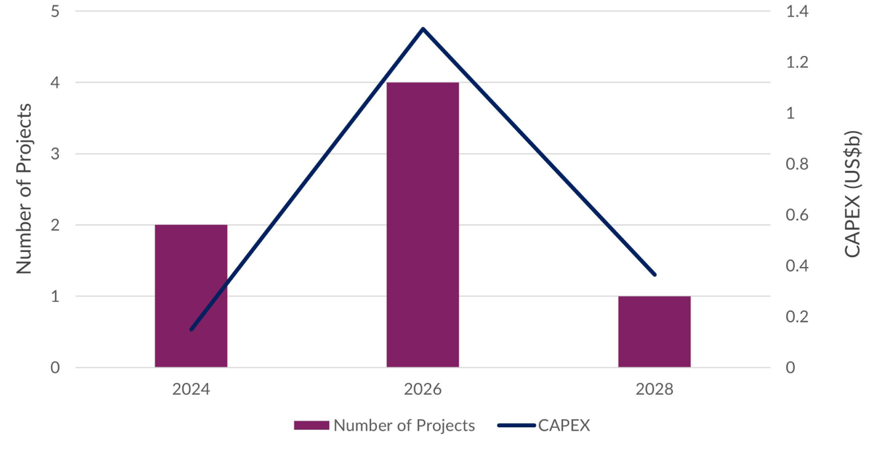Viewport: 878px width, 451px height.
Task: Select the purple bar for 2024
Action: [191, 296]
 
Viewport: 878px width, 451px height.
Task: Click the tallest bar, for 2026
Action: [422, 225]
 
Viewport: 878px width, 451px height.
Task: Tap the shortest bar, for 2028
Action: [654, 332]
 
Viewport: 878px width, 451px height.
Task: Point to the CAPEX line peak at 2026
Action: [422, 29]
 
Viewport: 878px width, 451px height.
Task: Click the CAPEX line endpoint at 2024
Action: [191, 329]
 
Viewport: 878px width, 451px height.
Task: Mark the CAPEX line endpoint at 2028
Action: [654, 274]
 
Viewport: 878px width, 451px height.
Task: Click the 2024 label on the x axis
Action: [191, 389]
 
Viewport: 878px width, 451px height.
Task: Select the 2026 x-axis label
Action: [422, 389]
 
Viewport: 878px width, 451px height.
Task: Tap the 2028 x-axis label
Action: [654, 389]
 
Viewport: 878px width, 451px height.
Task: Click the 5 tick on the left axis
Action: [55, 12]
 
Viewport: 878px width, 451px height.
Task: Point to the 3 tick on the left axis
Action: [55, 154]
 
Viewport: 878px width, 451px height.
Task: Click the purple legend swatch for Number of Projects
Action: [311, 426]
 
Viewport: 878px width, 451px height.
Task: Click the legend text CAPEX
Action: [564, 426]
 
